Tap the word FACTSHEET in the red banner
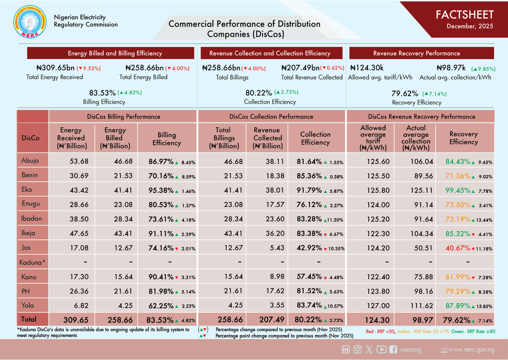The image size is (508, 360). click(x=464, y=15)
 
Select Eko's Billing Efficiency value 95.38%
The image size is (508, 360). click(x=161, y=190)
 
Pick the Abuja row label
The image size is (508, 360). click(x=30, y=160)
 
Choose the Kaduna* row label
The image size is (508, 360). click(x=32, y=263)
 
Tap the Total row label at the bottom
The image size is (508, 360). click(x=29, y=320)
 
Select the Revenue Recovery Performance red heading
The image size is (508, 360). click(x=417, y=53)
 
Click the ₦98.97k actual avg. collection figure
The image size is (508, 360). click(x=451, y=68)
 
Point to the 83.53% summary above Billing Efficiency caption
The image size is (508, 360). click(x=102, y=93)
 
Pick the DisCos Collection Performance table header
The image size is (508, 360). click(x=271, y=116)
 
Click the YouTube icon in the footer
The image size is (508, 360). click(x=381, y=349)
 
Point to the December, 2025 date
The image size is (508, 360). click(x=470, y=27)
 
